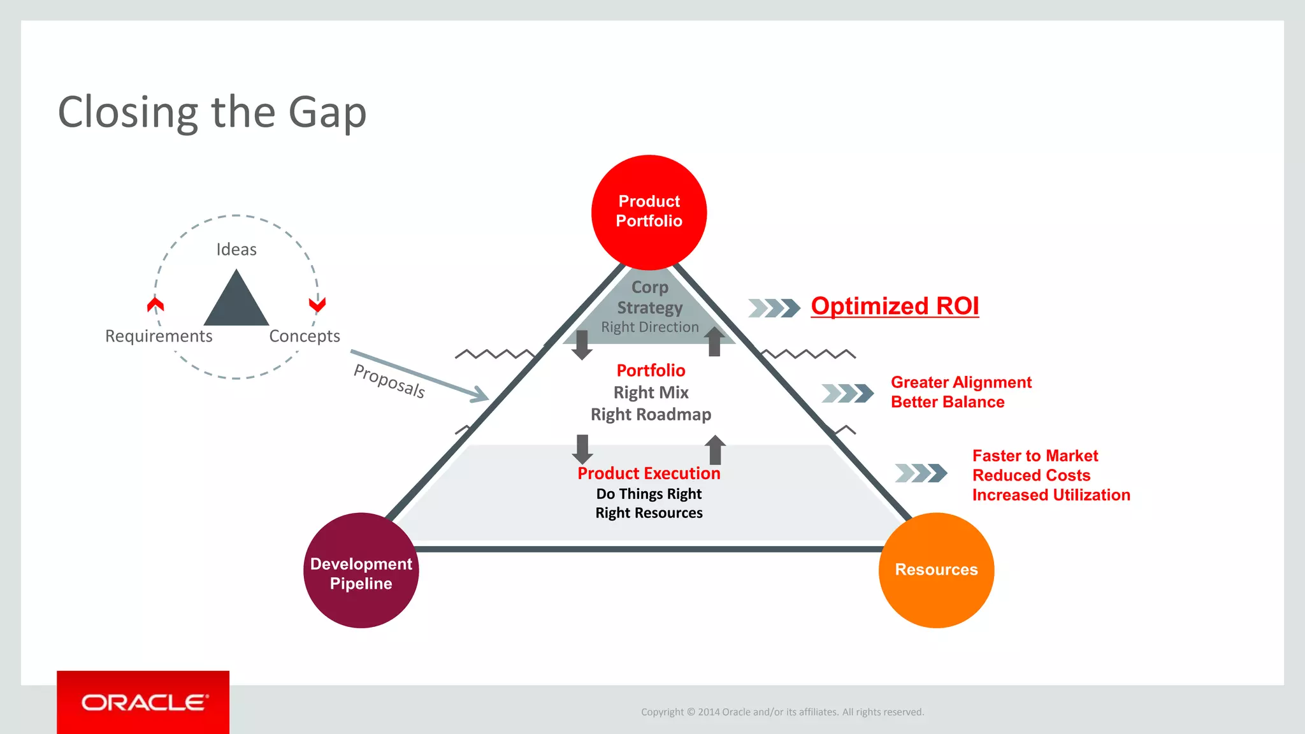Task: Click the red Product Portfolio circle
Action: point(649,212)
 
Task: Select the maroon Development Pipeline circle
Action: point(361,571)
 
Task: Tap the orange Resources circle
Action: point(935,570)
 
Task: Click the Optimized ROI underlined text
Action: point(894,306)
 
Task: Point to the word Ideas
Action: point(236,249)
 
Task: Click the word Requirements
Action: point(159,336)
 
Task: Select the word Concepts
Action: point(305,336)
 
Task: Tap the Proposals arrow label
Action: point(389,381)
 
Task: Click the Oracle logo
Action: point(144,702)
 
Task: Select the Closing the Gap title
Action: point(212,112)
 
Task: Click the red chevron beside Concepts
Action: point(317,305)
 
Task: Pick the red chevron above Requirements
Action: point(155,305)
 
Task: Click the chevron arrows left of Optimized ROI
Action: point(774,308)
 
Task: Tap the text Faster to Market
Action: point(1035,456)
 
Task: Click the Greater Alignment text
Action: point(961,382)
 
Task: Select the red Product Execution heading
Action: point(649,473)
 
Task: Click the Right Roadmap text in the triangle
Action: point(651,415)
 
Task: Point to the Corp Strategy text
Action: point(649,298)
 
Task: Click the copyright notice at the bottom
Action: point(782,712)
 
